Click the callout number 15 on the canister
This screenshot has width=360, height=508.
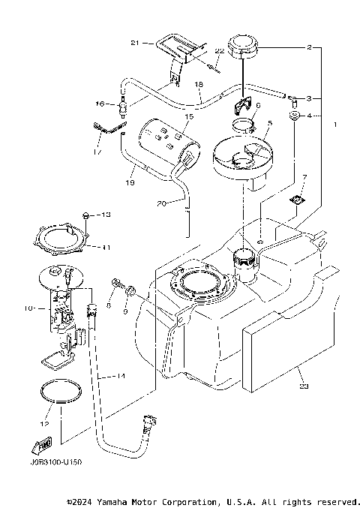189,117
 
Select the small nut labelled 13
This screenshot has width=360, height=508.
87,216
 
